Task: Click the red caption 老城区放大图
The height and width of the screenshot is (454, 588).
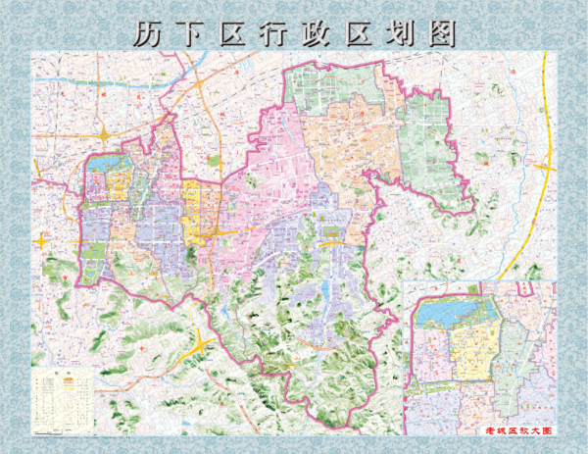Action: point(518,430)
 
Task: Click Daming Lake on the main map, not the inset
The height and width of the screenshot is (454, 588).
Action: point(103,167)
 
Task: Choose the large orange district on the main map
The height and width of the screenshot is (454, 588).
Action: point(338,147)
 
